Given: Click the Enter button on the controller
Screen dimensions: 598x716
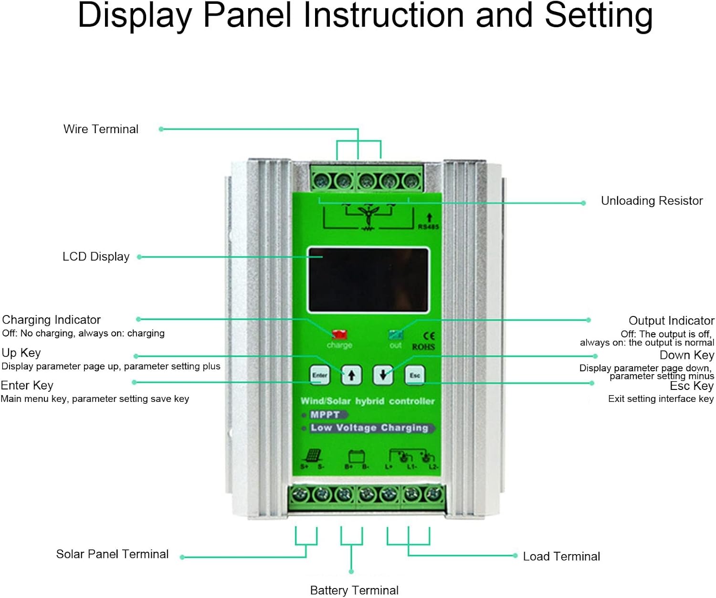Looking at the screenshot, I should click(x=319, y=375).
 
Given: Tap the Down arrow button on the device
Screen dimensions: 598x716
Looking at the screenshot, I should click(x=383, y=375).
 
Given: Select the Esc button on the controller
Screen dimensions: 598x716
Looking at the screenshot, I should click(x=414, y=375).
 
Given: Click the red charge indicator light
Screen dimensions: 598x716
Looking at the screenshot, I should click(x=339, y=334).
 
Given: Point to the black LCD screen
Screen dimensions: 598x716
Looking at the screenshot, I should click(x=368, y=280).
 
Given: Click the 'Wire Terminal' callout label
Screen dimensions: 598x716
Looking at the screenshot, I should click(x=101, y=129).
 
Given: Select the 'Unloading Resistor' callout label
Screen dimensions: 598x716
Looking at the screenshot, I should click(x=652, y=201).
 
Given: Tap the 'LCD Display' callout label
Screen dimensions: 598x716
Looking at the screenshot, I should click(x=96, y=257).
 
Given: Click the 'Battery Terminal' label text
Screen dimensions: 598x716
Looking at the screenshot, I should click(x=354, y=590).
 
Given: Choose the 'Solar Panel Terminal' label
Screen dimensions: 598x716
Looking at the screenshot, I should click(x=112, y=554).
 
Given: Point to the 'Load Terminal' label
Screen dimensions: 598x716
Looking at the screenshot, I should click(x=561, y=556).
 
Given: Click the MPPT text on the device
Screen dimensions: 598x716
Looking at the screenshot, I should click(x=325, y=415).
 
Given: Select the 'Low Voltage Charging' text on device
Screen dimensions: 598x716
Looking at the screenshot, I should click(x=369, y=428).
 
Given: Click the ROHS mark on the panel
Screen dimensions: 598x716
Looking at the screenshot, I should click(x=423, y=347).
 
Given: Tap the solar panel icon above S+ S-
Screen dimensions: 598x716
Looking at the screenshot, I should click(x=313, y=455).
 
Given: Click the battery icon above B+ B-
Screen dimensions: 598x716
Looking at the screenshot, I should click(x=357, y=456).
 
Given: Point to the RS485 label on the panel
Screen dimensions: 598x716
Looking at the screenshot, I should click(x=428, y=227).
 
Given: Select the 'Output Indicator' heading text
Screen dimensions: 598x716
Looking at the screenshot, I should click(x=671, y=321).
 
